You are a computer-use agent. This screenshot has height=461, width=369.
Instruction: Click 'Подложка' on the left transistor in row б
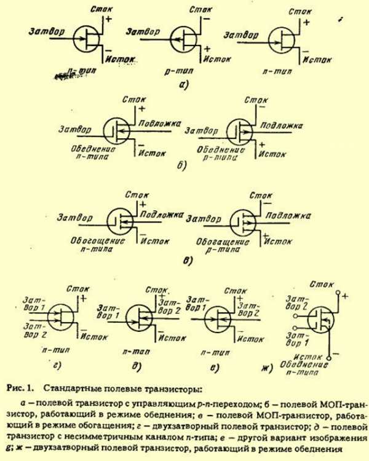click(159, 122)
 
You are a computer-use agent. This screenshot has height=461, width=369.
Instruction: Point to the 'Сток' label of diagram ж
click(322, 284)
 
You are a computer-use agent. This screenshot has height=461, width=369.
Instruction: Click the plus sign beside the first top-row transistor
click(108, 20)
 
